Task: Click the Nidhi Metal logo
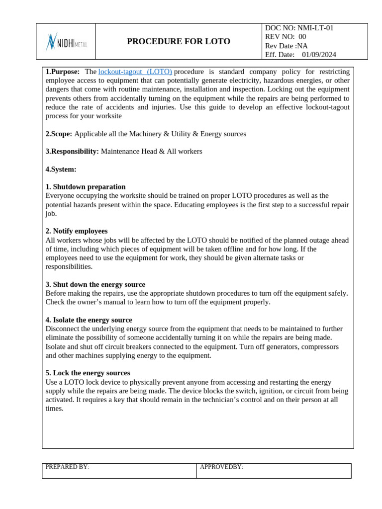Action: coord(66,42)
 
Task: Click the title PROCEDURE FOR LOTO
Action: coord(178,42)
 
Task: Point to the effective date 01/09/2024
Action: coord(319,55)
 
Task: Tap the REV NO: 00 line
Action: coord(286,37)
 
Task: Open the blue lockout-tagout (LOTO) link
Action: coord(135,72)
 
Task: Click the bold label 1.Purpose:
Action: coord(62,72)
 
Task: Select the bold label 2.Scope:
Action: coord(59,134)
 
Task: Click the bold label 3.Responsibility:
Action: coord(72,151)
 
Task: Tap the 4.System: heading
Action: coord(61,169)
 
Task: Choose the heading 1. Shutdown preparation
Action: coord(86,187)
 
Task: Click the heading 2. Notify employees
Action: coord(77,231)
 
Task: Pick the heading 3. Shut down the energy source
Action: coord(95,284)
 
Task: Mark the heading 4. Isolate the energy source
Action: coord(89,320)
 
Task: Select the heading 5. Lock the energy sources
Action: coord(88,373)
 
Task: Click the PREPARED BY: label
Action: coord(67,467)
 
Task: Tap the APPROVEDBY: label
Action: coord(221,467)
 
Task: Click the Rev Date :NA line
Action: coord(286,46)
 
